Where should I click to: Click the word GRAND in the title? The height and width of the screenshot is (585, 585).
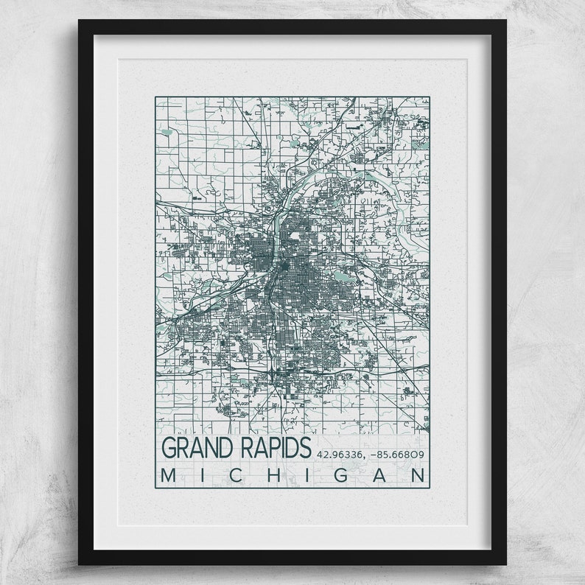pos(194,448)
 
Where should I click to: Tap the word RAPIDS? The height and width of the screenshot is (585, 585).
pos(271,448)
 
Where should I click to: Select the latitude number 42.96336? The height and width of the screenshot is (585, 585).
pos(341,454)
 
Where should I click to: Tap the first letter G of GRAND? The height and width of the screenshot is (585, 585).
pos(169,448)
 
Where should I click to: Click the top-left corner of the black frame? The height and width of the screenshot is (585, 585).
pos(80,21)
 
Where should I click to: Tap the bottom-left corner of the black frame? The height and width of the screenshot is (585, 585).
pos(80,564)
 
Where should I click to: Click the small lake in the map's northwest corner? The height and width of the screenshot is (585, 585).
pos(167,133)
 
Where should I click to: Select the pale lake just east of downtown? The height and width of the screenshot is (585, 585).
pos(340,276)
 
